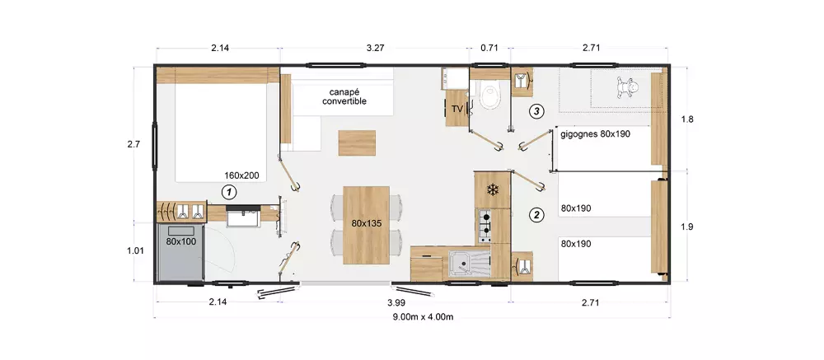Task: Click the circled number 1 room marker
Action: click(228, 192)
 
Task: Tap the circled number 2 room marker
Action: click(536, 214)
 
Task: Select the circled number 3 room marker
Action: click(536, 111)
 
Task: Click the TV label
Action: click(457, 110)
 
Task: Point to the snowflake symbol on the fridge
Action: click(493, 189)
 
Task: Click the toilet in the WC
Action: click(491, 95)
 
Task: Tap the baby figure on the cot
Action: click(626, 88)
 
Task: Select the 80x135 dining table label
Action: click(367, 223)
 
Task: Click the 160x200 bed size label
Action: click(241, 175)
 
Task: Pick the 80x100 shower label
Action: click(180, 241)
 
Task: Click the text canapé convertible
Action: click(344, 96)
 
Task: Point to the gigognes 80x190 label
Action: click(596, 133)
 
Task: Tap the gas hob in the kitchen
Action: click(484, 226)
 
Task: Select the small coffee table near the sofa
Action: click(358, 143)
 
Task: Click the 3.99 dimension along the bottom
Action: click(396, 302)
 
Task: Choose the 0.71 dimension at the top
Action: click(489, 48)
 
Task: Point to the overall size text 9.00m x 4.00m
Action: click(423, 316)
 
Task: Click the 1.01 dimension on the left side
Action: click(136, 250)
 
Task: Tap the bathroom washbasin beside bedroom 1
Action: click(243, 216)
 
